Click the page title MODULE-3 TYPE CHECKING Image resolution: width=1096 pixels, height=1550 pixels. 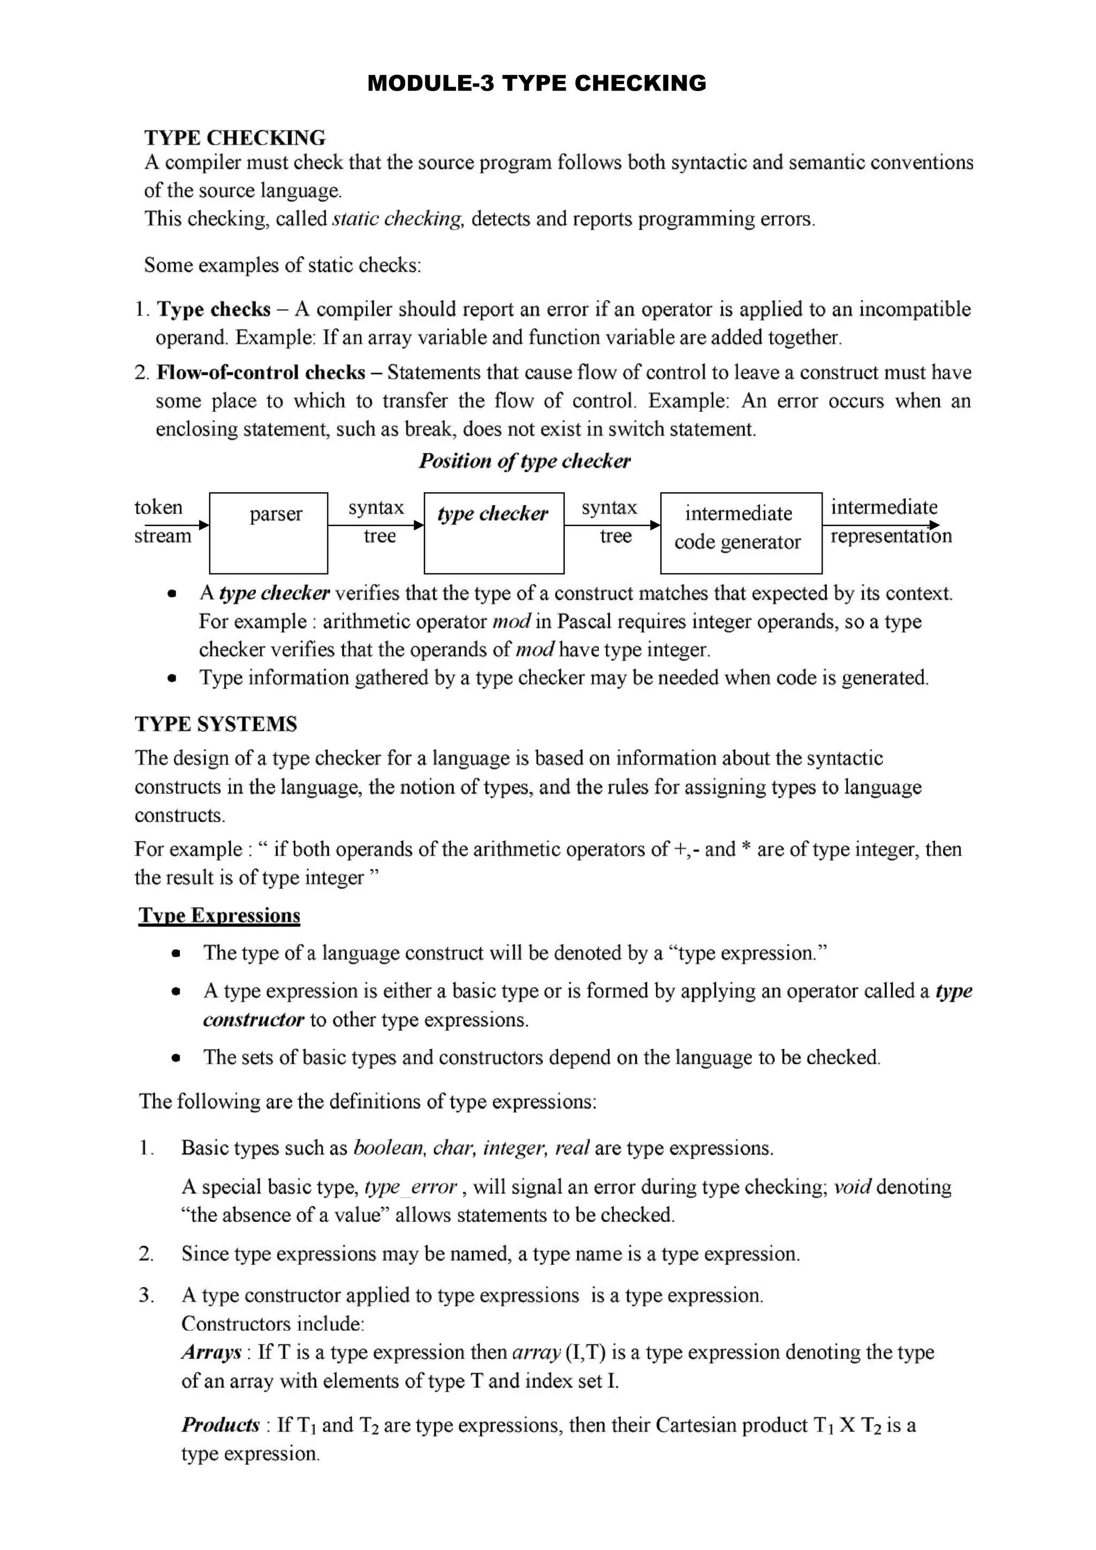point(536,83)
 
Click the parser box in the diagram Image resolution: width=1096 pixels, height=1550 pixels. point(268,533)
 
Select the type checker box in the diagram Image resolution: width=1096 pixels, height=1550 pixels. point(493,533)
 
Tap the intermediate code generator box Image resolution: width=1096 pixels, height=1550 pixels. point(741,533)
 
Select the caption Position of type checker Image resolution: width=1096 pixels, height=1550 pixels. point(524,461)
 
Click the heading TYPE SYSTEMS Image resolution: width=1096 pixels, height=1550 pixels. point(216,724)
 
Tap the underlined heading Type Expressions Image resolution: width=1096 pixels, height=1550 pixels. point(219,915)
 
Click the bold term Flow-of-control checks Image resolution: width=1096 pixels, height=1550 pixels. point(261,372)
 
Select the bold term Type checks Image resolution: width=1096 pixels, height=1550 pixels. point(214,309)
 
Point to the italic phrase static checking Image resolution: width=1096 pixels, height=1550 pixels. point(398,219)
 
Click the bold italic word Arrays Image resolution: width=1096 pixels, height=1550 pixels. point(211,1352)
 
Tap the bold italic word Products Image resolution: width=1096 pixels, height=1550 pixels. point(220,1425)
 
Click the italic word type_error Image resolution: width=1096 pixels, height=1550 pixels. point(410,1187)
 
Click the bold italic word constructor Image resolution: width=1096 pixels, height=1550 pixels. point(253,1019)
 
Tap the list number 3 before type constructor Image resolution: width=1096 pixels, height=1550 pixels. point(145,1295)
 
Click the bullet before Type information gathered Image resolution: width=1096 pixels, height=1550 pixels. point(173,678)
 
